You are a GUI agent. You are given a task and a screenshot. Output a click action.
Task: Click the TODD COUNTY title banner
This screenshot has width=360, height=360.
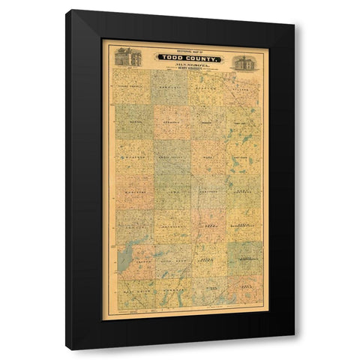[187, 57]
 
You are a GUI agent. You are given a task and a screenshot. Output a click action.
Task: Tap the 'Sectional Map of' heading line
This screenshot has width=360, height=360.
[187, 50]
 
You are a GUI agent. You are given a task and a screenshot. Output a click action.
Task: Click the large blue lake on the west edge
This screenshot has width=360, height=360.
[124, 255]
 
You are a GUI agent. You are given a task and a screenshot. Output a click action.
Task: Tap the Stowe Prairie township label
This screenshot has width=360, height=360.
[132, 84]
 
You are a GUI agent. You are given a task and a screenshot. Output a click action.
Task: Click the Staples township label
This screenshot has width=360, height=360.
[207, 85]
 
